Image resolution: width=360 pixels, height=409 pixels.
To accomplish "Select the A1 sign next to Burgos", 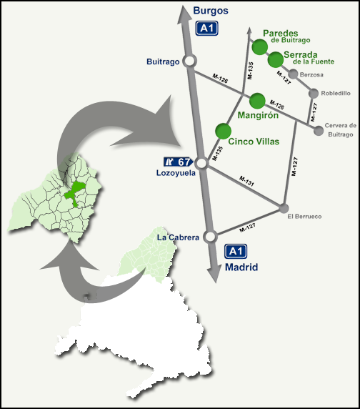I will click(207, 29).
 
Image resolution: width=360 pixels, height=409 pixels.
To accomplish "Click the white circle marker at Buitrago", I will click(190, 61).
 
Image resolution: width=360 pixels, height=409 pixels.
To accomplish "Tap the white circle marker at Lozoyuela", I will click(201, 164).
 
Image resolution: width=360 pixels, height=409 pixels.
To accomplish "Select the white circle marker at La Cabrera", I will click(210, 237).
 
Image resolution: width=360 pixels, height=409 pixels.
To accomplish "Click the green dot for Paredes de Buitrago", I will click(259, 47).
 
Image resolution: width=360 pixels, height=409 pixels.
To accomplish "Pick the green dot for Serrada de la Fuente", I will click(276, 60).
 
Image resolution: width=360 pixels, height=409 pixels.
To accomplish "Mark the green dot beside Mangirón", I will click(257, 100).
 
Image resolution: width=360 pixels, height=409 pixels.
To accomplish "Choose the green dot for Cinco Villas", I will click(224, 131).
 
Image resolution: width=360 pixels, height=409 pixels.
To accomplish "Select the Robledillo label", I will click(336, 93).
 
